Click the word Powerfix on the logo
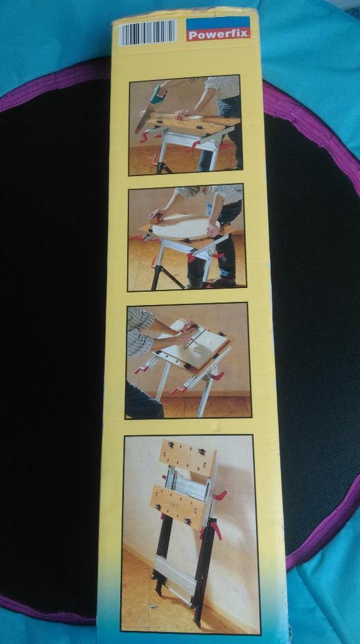click(218, 34)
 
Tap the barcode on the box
click(147, 32)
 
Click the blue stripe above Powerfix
click(218, 23)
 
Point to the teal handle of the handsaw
click(158, 95)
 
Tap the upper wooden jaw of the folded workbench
click(188, 457)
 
